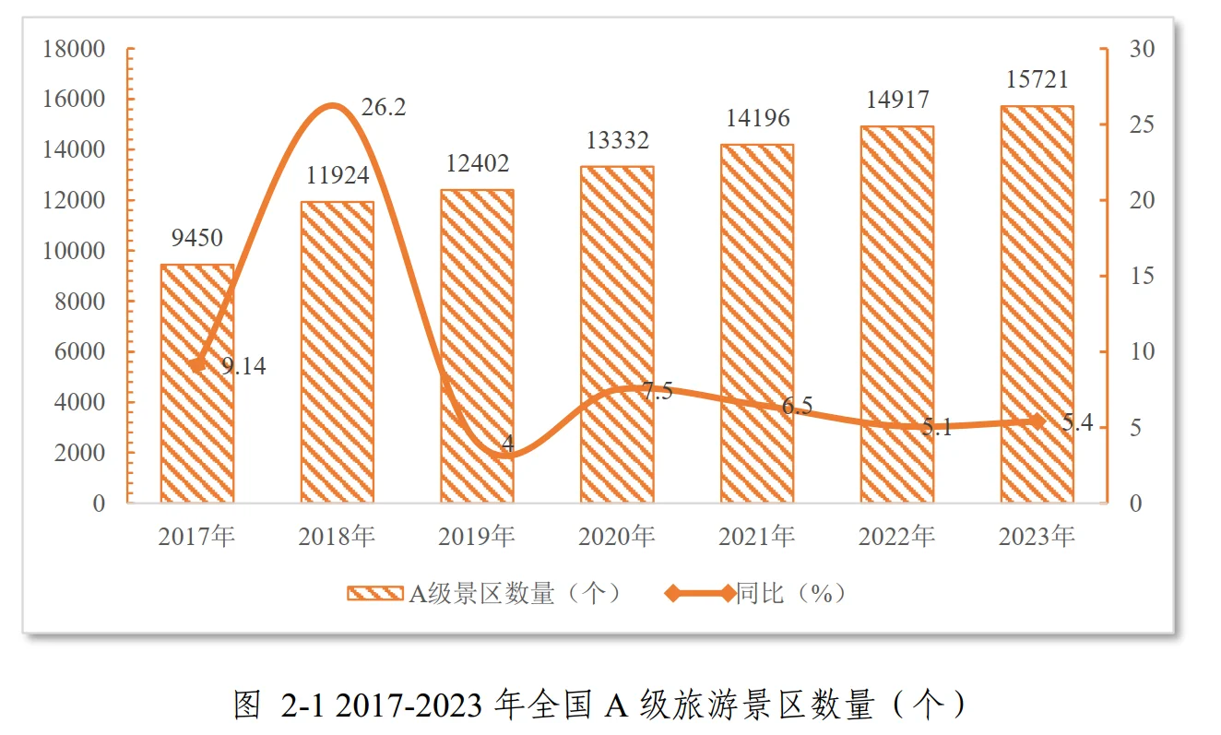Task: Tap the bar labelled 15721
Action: coord(1037,304)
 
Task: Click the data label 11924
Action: coord(338,175)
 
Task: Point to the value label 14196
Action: coord(757,118)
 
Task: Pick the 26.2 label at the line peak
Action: coord(384,108)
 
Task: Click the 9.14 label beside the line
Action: coord(243,367)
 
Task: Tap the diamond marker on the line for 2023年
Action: coord(1037,421)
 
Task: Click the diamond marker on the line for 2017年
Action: coord(197,364)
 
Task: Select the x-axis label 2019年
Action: coord(477,536)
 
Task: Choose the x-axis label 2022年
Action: coord(896,536)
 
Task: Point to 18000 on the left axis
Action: coord(75,49)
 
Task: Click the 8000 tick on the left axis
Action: coord(81,302)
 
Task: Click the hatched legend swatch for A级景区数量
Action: coord(374,594)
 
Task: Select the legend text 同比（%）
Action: coord(790,594)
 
